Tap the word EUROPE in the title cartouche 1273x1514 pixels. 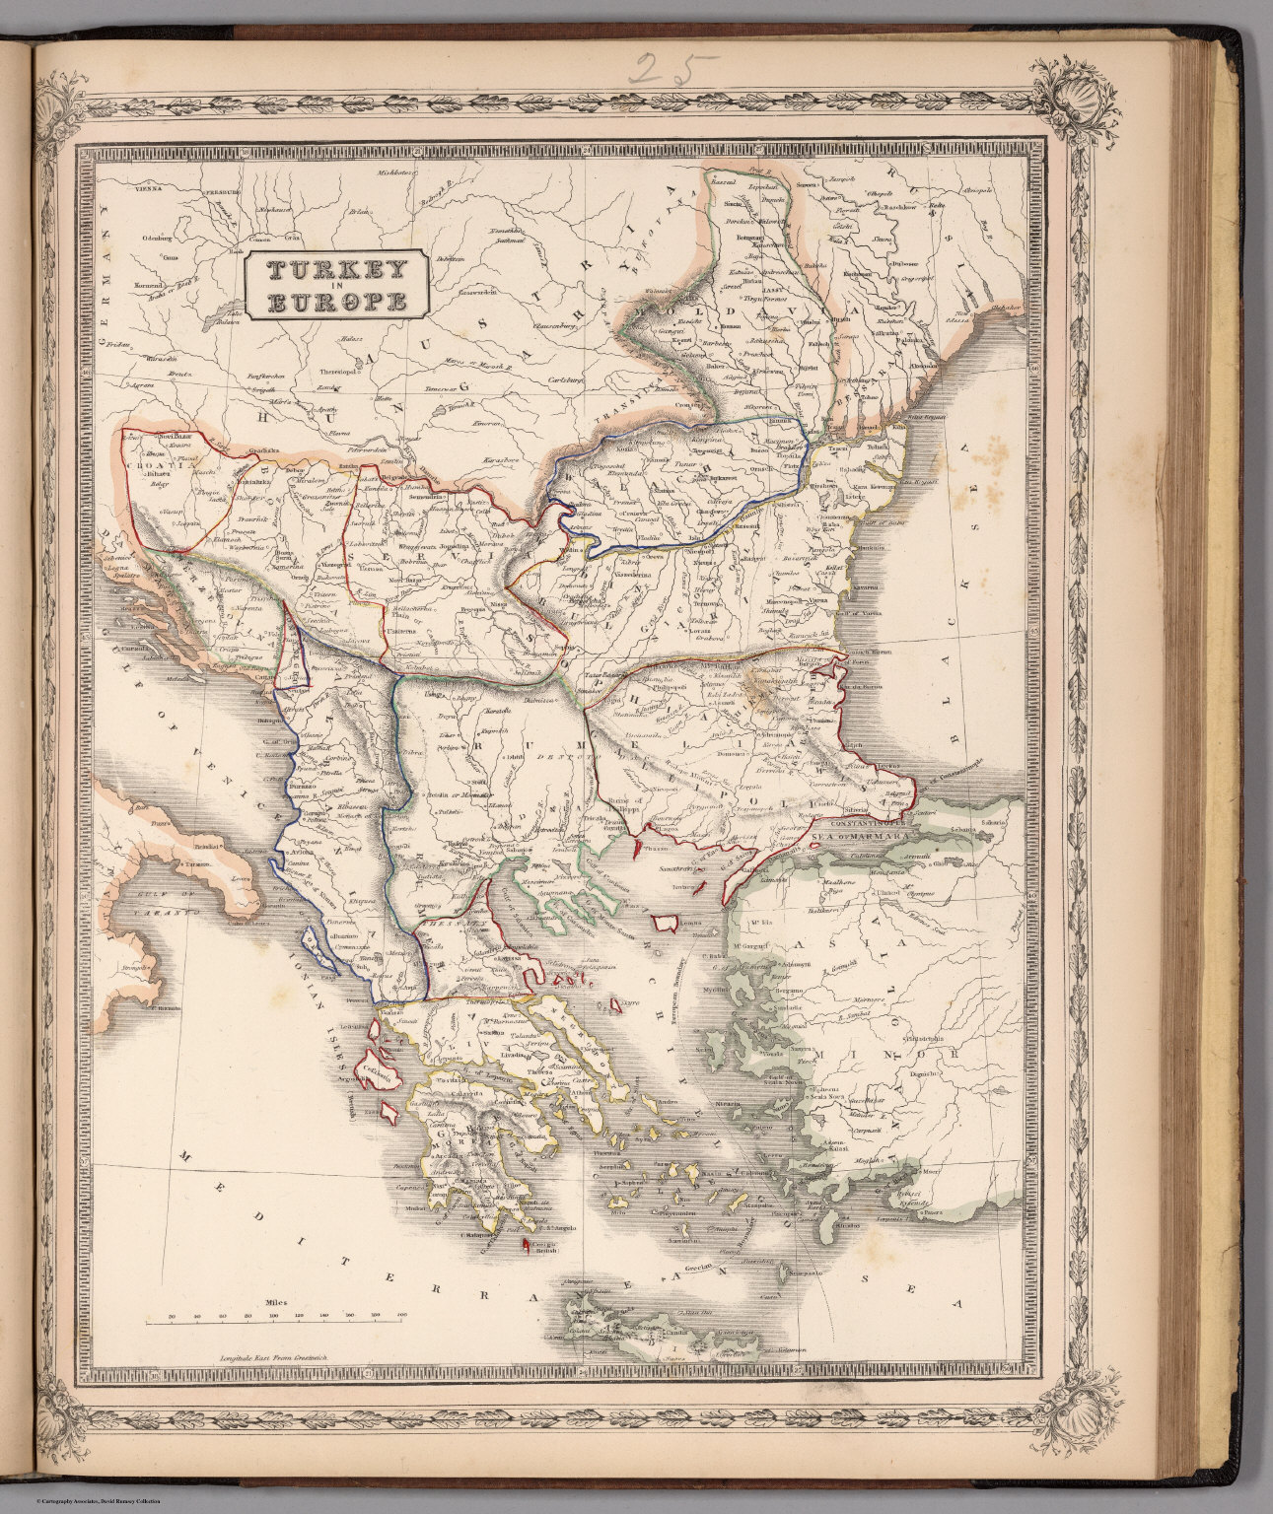pyautogui.click(x=336, y=303)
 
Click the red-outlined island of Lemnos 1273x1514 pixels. pyautogui.click(x=665, y=923)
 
